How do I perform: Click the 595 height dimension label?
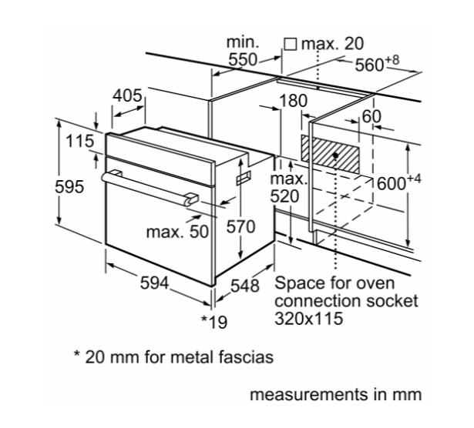(69, 186)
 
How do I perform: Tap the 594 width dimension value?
(154, 283)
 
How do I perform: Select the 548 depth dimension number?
(245, 286)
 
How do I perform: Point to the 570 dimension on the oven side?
(241, 226)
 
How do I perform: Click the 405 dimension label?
(127, 95)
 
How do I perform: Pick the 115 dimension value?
(80, 141)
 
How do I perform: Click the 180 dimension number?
(293, 101)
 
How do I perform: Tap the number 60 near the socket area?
(371, 116)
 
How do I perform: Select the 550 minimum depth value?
(243, 59)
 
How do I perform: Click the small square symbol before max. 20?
(291, 44)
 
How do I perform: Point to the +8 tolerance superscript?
(392, 60)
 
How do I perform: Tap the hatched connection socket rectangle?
(330, 154)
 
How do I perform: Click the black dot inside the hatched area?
(335, 155)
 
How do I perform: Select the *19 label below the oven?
(214, 322)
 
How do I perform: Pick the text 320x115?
(308, 318)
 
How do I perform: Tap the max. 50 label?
(177, 232)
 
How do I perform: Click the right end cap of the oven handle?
(192, 199)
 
